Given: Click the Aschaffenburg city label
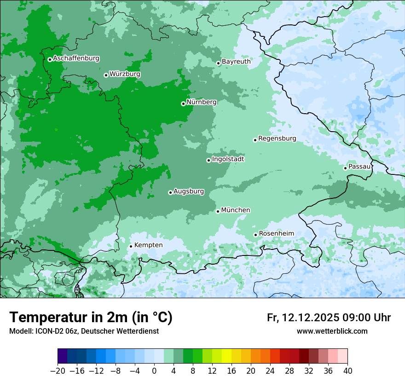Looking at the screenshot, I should (76, 58).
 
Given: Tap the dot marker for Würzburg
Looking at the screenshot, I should (106, 75).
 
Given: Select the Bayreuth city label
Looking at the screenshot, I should (236, 62).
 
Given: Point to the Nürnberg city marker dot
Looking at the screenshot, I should (183, 104).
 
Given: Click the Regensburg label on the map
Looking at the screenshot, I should (277, 139).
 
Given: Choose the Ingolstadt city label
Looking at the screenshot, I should (228, 159).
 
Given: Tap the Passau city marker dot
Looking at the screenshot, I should (345, 168).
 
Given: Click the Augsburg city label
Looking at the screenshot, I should (189, 191).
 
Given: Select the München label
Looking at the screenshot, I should (236, 210).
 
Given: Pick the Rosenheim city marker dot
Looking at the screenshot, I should (255, 235).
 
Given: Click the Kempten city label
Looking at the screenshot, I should (148, 245).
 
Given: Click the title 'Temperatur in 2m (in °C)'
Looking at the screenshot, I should (91, 318).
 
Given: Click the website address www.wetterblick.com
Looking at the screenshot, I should (332, 331).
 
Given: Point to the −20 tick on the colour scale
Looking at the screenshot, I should (58, 371).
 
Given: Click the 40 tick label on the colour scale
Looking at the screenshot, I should (347, 371).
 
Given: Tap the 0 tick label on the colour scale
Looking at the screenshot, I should (154, 371).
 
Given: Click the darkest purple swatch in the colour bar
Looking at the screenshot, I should (63, 356).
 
